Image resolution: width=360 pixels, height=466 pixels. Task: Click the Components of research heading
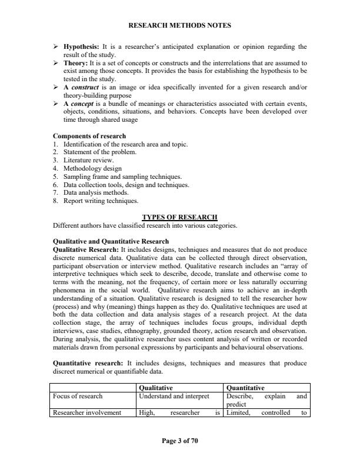coord(89,137)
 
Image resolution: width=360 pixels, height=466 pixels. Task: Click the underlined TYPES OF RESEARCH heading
coord(179,217)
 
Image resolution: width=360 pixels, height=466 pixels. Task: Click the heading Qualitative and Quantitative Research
coord(111,241)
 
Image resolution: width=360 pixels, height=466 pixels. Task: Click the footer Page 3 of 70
coord(179,440)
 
